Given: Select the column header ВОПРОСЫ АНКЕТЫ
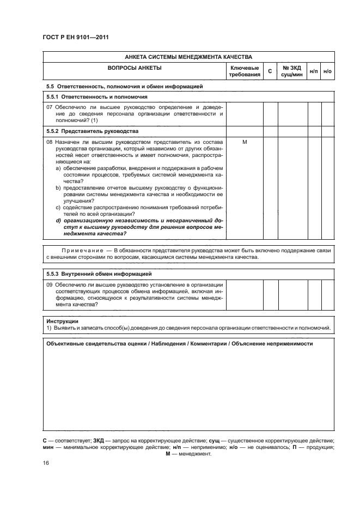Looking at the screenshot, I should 135,68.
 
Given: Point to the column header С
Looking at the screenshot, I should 270,71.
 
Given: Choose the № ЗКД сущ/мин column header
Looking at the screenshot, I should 292,71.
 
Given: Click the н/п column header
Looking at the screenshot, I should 314,71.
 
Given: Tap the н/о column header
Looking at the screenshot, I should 327,71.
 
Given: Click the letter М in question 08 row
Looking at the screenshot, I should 245,142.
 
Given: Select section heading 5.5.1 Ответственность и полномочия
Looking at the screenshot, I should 90,96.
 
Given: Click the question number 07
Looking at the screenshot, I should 49,107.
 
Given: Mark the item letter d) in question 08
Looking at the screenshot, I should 58,220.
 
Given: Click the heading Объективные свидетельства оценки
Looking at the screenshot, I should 99,344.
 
